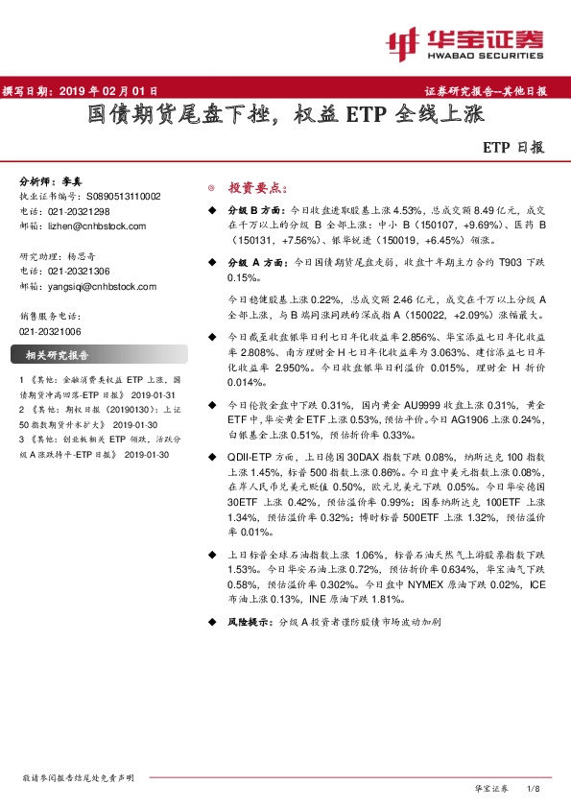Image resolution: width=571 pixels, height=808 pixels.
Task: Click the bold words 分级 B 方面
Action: [254, 208]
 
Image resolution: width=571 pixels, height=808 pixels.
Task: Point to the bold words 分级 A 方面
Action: [254, 262]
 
